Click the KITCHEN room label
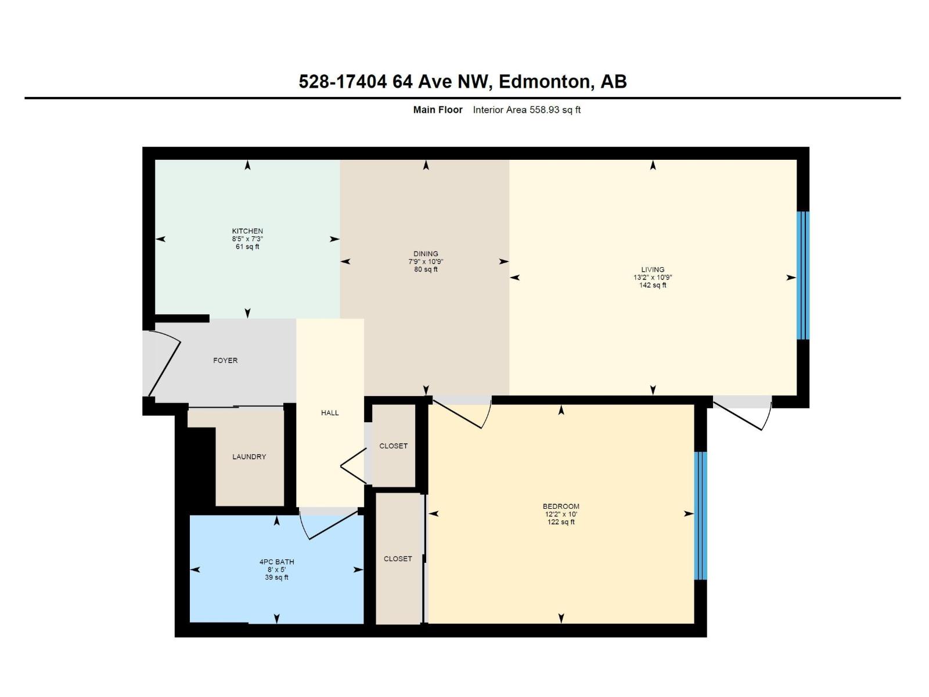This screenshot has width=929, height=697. [x=247, y=231]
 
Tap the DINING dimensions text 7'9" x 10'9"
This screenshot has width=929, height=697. [x=426, y=261]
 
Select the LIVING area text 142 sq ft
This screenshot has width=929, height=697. [x=653, y=285]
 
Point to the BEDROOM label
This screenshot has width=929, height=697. [x=561, y=506]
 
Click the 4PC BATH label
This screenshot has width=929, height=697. [x=276, y=562]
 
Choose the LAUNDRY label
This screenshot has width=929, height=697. [x=249, y=457]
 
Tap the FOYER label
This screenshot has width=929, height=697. [x=225, y=361]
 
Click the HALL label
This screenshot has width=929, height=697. [x=330, y=413]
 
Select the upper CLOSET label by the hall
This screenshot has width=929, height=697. [x=393, y=446]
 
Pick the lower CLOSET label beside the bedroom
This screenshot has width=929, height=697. [x=398, y=559]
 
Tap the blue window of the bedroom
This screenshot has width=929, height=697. [x=701, y=515]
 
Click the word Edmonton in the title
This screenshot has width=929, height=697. [x=545, y=82]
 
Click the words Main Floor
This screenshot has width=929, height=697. [x=438, y=110]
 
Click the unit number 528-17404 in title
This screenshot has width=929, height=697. [x=343, y=82]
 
